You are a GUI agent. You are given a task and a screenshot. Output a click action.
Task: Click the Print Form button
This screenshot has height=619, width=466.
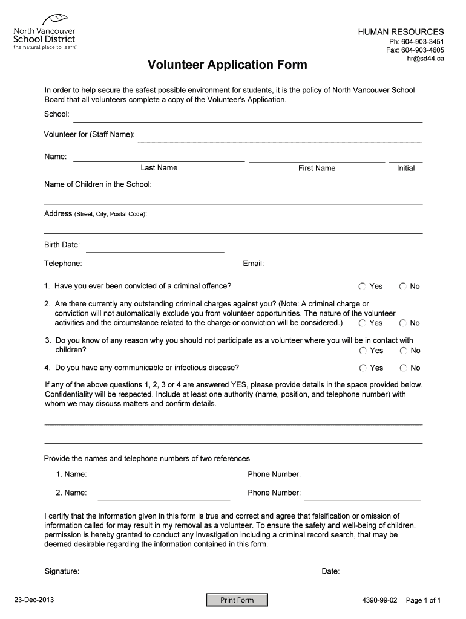click(x=237, y=600)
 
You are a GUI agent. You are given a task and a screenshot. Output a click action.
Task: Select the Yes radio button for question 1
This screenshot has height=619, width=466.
click(x=363, y=286)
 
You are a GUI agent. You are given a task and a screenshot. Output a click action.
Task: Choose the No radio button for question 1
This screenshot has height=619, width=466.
click(x=403, y=286)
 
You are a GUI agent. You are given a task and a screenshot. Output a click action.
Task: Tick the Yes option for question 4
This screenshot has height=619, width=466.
click(x=363, y=368)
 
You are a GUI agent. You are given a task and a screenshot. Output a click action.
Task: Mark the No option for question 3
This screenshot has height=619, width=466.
click(x=403, y=351)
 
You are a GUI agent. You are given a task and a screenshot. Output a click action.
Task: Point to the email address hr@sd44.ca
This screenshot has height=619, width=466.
click(x=426, y=59)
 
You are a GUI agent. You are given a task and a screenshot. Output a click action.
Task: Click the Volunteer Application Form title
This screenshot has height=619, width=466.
click(x=228, y=64)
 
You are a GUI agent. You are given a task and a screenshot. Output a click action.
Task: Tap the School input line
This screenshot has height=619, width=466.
click(x=248, y=117)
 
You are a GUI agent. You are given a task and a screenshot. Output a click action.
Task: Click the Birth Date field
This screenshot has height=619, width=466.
click(x=156, y=247)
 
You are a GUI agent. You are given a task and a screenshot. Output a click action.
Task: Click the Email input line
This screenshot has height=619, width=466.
click(x=344, y=267)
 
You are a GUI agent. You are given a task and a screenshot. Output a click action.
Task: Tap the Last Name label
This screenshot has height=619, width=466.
click(x=159, y=168)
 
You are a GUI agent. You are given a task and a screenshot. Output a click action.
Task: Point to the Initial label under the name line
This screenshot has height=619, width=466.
click(x=405, y=168)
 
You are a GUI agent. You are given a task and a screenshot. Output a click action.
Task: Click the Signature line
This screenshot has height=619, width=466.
click(x=152, y=562)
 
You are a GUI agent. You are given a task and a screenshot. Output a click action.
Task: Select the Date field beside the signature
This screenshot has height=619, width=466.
click(x=371, y=562)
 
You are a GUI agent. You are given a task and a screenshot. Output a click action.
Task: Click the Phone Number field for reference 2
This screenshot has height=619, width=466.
click(x=363, y=496)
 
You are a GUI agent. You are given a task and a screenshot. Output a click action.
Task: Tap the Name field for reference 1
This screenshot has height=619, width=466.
click(x=163, y=478)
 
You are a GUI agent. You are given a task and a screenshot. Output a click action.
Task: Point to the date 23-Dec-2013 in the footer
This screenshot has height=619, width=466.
click(x=34, y=600)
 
